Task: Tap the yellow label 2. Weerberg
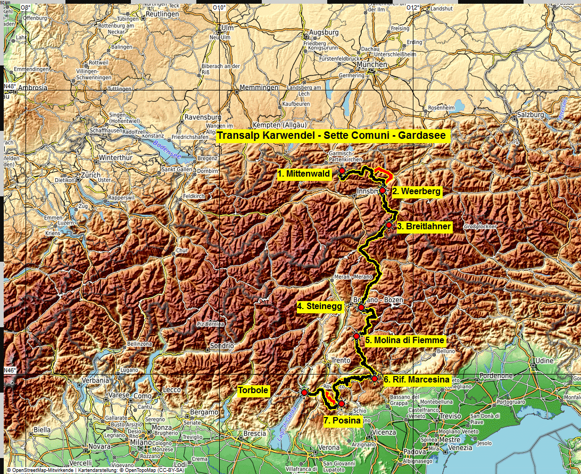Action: [x=417, y=191]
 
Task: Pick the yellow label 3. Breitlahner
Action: [x=424, y=227]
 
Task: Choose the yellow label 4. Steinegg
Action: [x=319, y=306]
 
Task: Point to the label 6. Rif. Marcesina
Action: [x=417, y=380]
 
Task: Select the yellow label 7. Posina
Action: [x=342, y=421]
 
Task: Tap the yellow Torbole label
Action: [x=253, y=390]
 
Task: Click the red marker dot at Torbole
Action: [x=304, y=393]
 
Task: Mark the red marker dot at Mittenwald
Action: [x=342, y=171]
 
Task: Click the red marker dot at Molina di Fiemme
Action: [x=356, y=336]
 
